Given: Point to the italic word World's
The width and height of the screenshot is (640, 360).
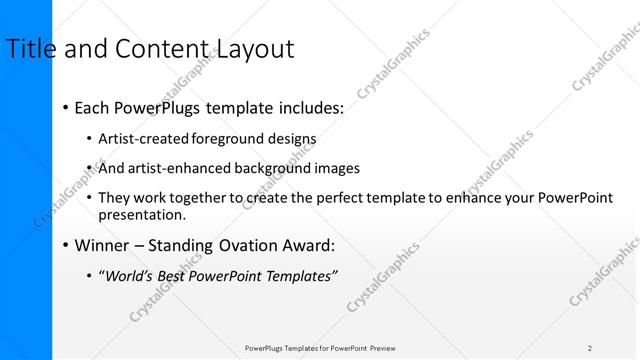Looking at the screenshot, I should click(129, 275).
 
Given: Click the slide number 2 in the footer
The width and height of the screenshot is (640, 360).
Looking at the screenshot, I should click(590, 348).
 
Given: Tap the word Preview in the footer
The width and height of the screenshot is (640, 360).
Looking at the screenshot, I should click(383, 348).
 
